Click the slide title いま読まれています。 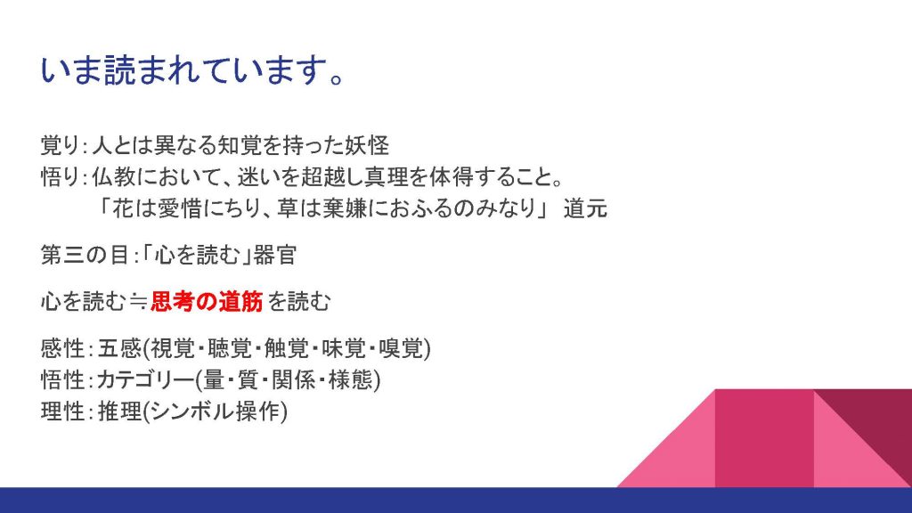[193, 71]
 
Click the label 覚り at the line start [61, 145]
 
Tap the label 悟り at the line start [61, 177]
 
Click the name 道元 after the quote [585, 208]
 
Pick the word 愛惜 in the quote [179, 208]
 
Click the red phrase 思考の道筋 [207, 301]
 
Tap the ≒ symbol [138, 301]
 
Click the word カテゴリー [145, 379]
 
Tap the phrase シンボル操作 [216, 411]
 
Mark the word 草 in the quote [288, 208]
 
